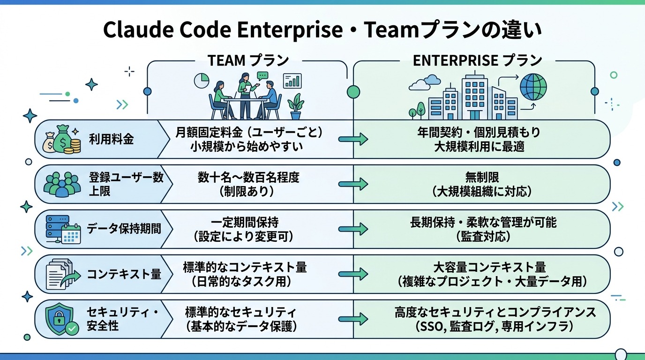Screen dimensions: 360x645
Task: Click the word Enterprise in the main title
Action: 290,30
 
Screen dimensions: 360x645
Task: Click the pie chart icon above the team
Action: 201,81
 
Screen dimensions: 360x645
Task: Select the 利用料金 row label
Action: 112,139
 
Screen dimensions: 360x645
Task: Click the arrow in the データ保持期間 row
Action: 353,229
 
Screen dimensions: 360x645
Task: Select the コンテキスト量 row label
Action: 124,274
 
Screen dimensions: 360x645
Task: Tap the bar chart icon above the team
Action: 292,81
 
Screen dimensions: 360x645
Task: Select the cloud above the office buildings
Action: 421,84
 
